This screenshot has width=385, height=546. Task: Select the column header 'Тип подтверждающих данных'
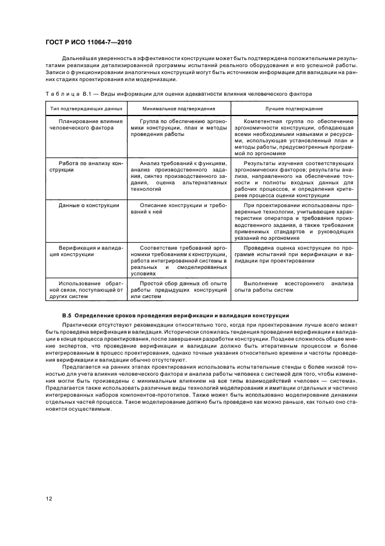pyautogui.click(x=78, y=109)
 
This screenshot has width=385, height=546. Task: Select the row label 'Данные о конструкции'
pyautogui.click(x=89, y=205)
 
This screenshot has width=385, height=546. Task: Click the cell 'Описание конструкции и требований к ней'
pyautogui.click(x=178, y=209)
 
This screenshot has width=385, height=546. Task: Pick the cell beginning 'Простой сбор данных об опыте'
pyautogui.click(x=178, y=289)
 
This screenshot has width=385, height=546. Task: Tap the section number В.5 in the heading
pyautogui.click(x=66, y=316)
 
